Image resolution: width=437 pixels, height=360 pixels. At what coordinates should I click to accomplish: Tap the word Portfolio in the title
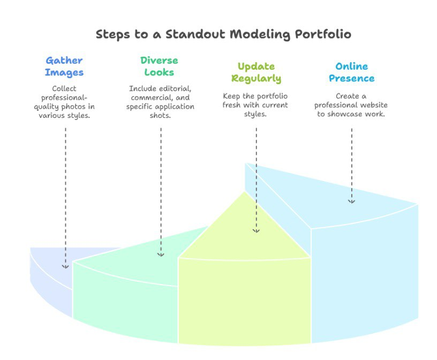point(323,34)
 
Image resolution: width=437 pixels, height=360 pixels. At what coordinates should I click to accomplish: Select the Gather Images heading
point(64,66)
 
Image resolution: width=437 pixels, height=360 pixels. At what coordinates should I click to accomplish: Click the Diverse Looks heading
point(159,66)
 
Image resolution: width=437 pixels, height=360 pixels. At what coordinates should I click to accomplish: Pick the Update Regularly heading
point(256,72)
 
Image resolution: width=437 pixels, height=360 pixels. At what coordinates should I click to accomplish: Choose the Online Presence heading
point(352,72)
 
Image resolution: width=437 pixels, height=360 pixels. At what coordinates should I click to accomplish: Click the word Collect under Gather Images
point(64,88)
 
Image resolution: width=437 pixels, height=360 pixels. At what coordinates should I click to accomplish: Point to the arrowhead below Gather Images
point(65,267)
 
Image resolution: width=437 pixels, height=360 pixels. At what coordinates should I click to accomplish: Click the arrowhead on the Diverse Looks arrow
point(161,254)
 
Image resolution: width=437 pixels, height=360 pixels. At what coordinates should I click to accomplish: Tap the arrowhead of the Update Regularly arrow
point(256,230)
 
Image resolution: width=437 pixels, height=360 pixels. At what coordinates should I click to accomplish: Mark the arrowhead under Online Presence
point(351,201)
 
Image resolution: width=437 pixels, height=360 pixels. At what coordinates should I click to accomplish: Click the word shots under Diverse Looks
point(160,115)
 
